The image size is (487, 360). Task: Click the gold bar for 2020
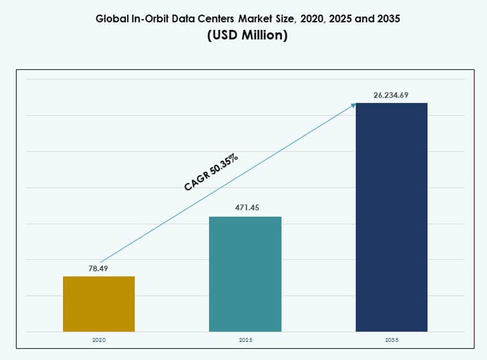click(x=99, y=304)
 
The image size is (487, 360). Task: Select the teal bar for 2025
click(x=245, y=274)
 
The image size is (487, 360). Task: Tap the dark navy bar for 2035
click(x=391, y=217)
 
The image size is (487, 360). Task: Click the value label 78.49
click(x=99, y=268)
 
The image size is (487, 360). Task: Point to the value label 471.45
click(x=247, y=208)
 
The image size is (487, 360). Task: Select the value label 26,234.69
click(x=391, y=95)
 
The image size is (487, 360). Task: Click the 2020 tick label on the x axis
click(x=99, y=340)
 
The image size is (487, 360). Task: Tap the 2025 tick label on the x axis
click(x=245, y=340)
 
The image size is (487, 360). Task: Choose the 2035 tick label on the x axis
click(x=391, y=340)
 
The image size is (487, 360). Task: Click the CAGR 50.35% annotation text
click(x=211, y=173)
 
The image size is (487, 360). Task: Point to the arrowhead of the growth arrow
click(x=353, y=105)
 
